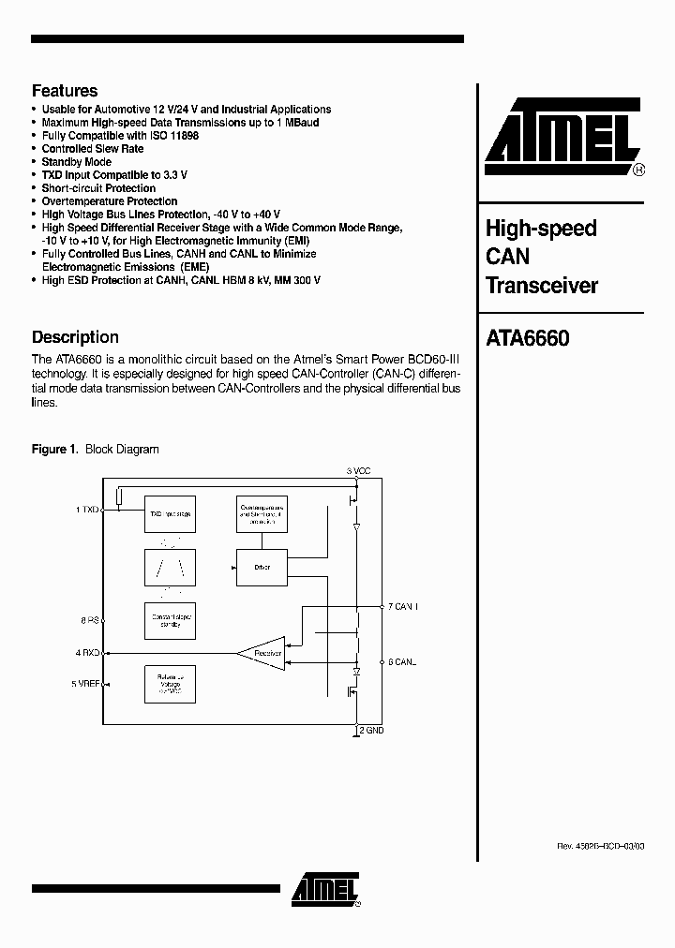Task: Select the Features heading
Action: click(65, 91)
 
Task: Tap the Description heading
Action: click(75, 337)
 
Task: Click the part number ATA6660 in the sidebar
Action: click(527, 338)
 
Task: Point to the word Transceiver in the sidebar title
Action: click(541, 286)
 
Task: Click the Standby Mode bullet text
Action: click(77, 162)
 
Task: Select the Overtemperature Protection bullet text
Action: click(110, 201)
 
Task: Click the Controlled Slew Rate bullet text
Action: click(93, 149)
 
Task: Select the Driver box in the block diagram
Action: click(262, 568)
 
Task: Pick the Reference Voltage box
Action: click(170, 685)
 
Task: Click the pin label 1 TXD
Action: click(87, 511)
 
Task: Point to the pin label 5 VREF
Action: click(85, 684)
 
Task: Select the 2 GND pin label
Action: click(371, 730)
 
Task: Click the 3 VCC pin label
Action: click(360, 470)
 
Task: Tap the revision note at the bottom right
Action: click(600, 846)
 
